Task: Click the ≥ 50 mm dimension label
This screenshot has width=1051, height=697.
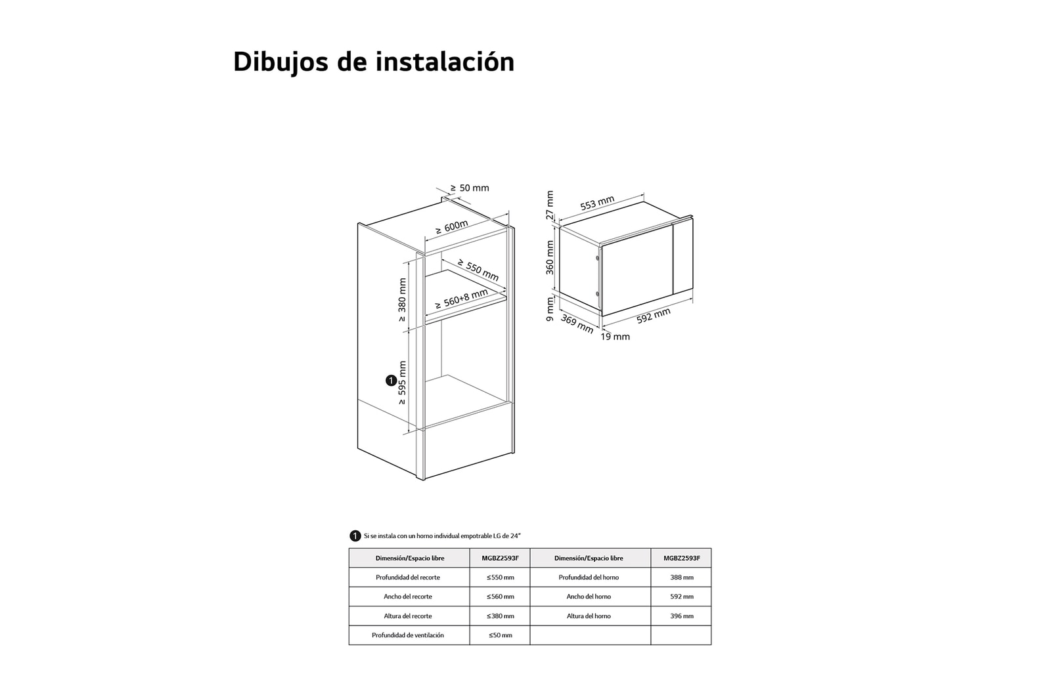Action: tap(470, 188)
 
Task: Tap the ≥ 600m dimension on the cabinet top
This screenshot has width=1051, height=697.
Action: tap(452, 228)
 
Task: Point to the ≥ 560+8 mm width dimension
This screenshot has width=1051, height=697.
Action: tap(462, 299)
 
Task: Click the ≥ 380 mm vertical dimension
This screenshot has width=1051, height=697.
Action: tap(402, 299)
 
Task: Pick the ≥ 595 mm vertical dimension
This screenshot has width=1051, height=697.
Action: tap(402, 383)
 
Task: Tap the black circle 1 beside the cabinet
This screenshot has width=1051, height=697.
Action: tap(391, 381)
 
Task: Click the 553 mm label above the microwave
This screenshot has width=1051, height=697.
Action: tap(597, 203)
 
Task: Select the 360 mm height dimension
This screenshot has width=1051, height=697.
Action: tap(550, 257)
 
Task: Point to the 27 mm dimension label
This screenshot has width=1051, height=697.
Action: tap(550, 206)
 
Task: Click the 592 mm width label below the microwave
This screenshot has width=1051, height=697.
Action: tap(653, 316)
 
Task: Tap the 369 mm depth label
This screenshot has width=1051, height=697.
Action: tap(577, 324)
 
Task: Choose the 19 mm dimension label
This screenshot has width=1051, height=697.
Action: tap(615, 337)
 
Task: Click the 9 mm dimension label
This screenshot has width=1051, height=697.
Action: tap(550, 309)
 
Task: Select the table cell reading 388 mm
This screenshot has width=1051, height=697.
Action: tap(681, 578)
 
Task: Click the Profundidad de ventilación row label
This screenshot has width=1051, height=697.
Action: tap(408, 635)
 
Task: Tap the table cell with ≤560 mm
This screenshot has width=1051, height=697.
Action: tap(500, 597)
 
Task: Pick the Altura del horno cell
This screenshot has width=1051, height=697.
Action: tap(589, 616)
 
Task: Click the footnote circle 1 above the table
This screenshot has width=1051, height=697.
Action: tap(355, 536)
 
